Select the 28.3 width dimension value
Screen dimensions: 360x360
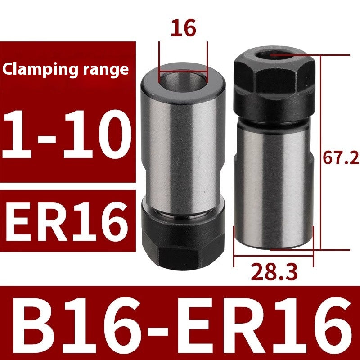tap(274, 272)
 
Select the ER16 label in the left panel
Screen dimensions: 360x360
tap(67, 221)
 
